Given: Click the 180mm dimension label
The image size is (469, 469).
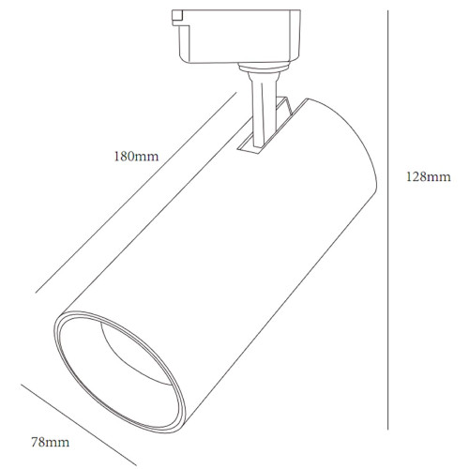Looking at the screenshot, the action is pyautogui.click(x=136, y=157).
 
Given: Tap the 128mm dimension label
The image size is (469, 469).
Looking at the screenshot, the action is pyautogui.click(x=429, y=177).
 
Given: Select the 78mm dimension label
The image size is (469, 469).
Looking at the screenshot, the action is pyautogui.click(x=51, y=442).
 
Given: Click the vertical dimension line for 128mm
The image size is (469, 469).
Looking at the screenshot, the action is pyautogui.click(x=387, y=219).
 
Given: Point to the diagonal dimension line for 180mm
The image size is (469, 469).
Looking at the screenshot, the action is pyautogui.click(x=136, y=192).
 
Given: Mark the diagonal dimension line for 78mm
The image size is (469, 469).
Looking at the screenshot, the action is pyautogui.click(x=79, y=425).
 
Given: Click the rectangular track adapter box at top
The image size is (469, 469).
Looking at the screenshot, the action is pyautogui.click(x=236, y=37).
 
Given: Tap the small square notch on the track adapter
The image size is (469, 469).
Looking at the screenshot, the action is pyautogui.click(x=177, y=16).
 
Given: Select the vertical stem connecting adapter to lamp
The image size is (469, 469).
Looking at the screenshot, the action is pyautogui.click(x=263, y=110).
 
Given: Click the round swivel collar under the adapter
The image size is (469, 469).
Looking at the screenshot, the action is pyautogui.click(x=263, y=68).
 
